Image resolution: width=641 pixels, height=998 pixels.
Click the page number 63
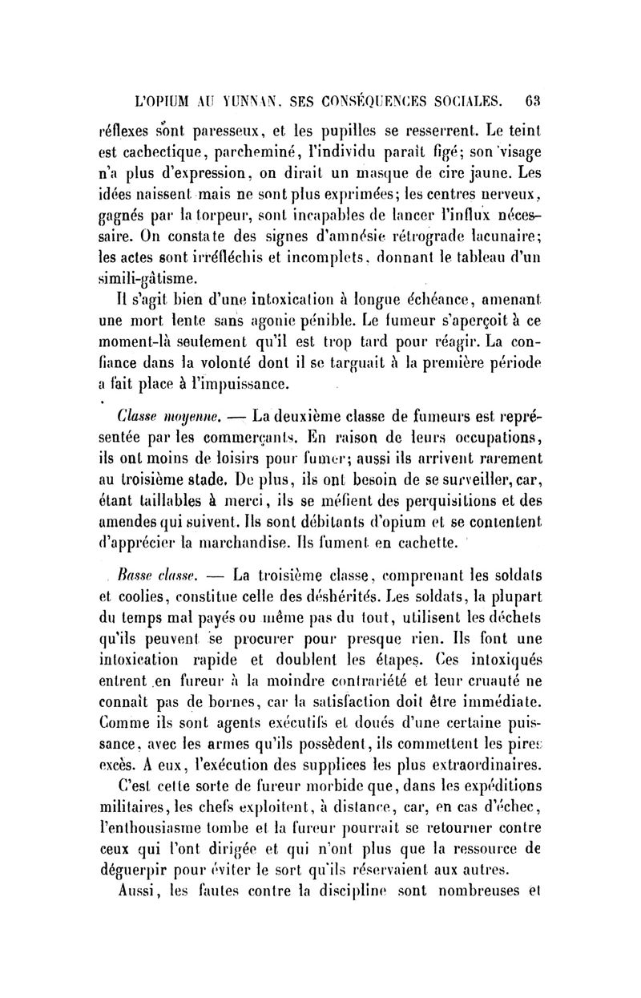pos(536,102)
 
